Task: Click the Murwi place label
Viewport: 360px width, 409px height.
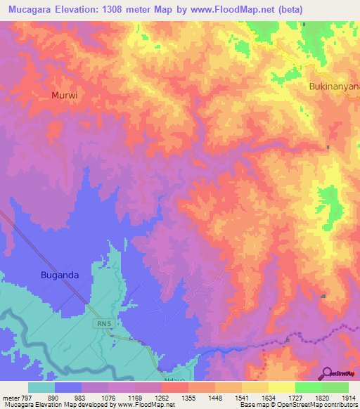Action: pos(65,94)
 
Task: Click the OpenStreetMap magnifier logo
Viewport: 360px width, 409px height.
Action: pos(326,373)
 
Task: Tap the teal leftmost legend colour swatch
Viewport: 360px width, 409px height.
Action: pos(41,387)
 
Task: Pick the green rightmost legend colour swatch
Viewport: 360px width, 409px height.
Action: pos(335,387)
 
